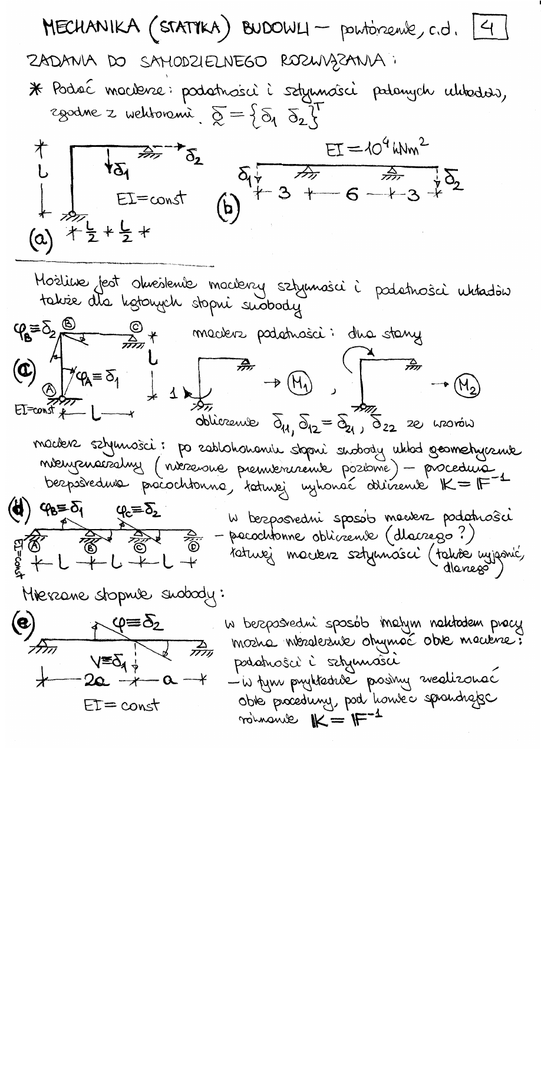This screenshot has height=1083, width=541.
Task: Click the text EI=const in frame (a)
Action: [x=151, y=199]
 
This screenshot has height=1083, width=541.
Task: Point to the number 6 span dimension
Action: [x=352, y=195]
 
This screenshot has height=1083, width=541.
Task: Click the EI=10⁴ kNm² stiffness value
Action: [x=377, y=149]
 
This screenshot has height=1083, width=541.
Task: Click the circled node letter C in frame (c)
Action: [x=135, y=326]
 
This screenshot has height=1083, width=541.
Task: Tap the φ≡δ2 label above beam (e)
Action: [x=138, y=623]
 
